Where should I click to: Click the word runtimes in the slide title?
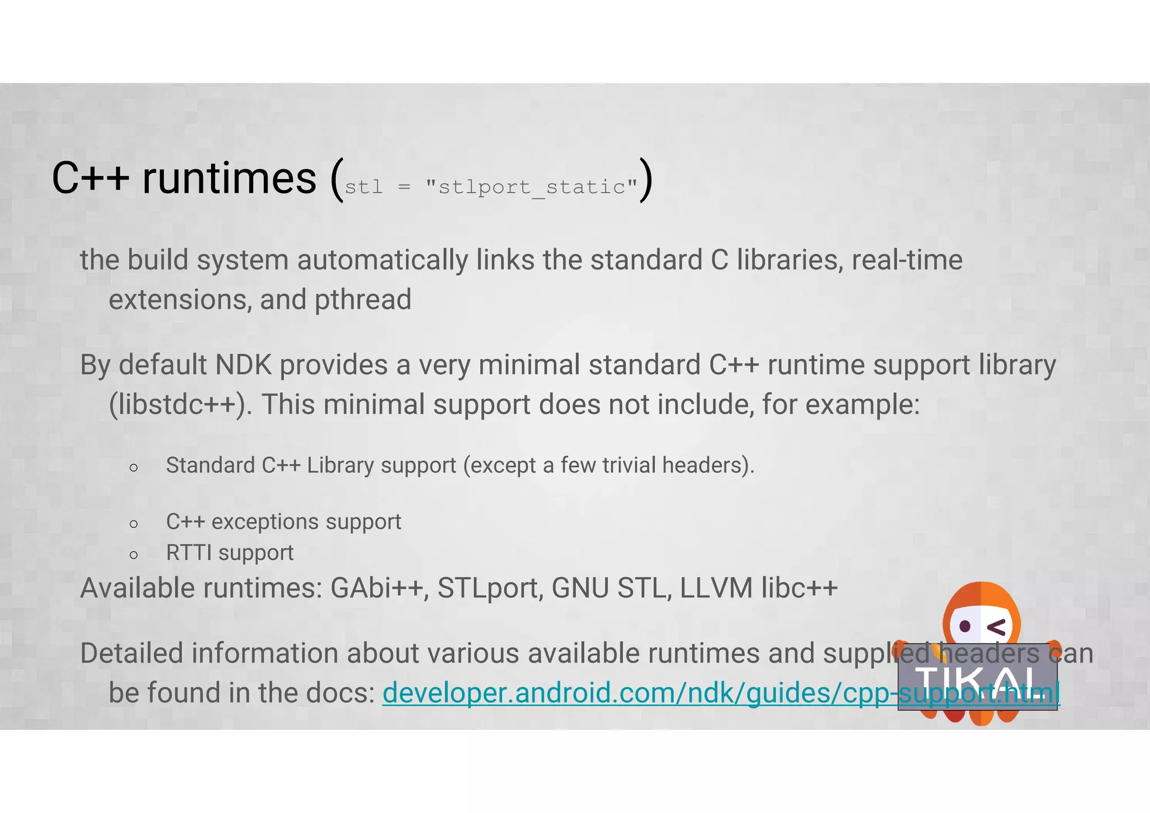pos(229,179)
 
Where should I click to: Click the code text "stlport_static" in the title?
pos(531,187)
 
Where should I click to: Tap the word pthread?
pos(363,300)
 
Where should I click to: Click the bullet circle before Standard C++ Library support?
pos(134,467)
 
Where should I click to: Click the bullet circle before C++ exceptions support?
pos(134,524)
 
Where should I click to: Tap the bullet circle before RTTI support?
pos(134,555)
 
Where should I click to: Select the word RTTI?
pos(189,553)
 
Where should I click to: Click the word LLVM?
pos(716,588)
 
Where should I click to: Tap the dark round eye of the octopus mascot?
pos(965,625)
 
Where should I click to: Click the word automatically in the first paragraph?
pos(382,261)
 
